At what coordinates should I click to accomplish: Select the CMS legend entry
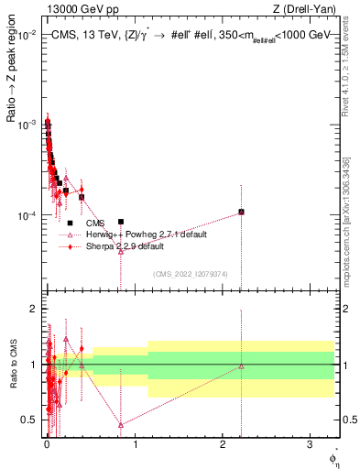(95, 223)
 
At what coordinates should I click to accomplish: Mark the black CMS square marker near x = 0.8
(121, 222)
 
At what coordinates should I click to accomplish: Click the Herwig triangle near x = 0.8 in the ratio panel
(121, 424)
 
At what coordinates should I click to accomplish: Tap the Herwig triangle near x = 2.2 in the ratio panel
(241, 366)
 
